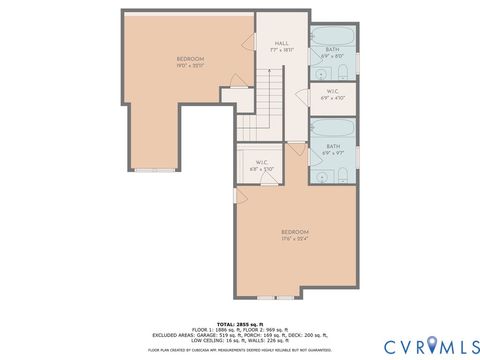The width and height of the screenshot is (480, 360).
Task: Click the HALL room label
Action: (x=282, y=43)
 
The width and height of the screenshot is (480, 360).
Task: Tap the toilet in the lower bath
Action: (x=344, y=176)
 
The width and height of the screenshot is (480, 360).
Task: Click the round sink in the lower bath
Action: (x=320, y=175)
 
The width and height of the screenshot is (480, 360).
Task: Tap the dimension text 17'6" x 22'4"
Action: (x=295, y=238)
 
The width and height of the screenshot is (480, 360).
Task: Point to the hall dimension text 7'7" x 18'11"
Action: (x=282, y=50)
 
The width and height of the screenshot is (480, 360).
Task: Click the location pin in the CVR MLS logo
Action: (x=431, y=346)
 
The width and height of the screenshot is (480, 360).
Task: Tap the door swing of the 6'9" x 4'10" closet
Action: (x=302, y=95)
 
